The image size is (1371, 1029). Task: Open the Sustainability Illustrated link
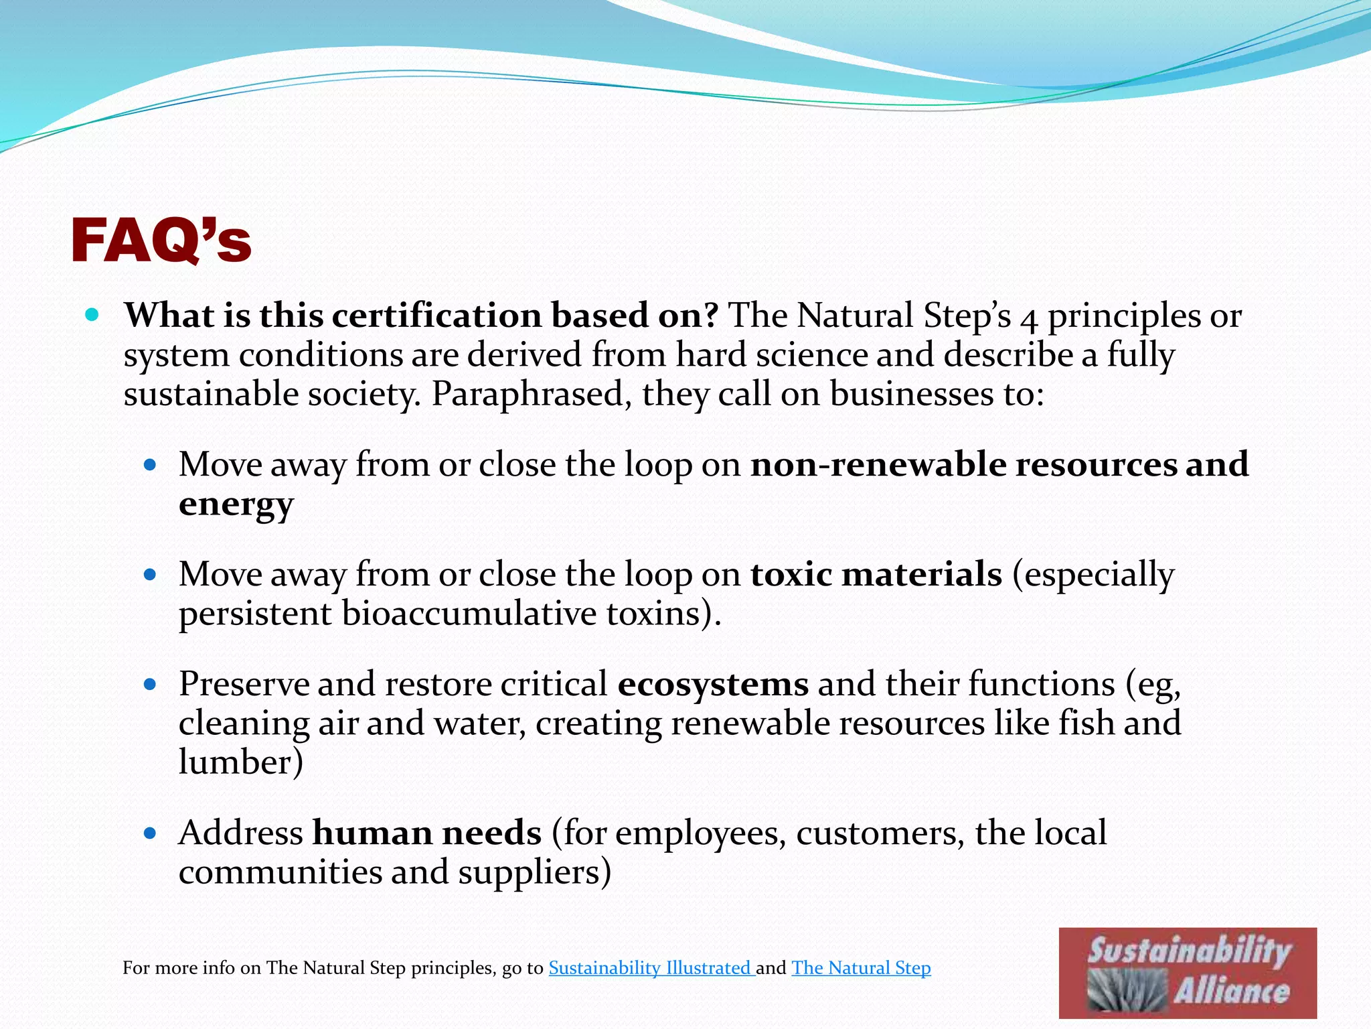pyautogui.click(x=651, y=968)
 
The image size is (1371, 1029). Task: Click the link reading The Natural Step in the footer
pyautogui.click(x=861, y=968)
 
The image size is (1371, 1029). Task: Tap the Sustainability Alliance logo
pyautogui.click(x=1188, y=973)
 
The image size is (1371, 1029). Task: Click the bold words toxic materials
pyautogui.click(x=876, y=575)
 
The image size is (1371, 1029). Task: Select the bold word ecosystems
pyautogui.click(x=713, y=685)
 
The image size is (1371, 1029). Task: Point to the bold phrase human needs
pyautogui.click(x=427, y=833)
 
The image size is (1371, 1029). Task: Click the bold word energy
pyautogui.click(x=236, y=504)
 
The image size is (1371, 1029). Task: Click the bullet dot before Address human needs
pyautogui.click(x=150, y=833)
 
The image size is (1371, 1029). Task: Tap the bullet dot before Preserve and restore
pyautogui.click(x=150, y=685)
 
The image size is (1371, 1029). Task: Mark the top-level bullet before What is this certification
pyautogui.click(x=93, y=314)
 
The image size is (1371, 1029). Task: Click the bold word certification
pyautogui.click(x=436, y=316)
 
